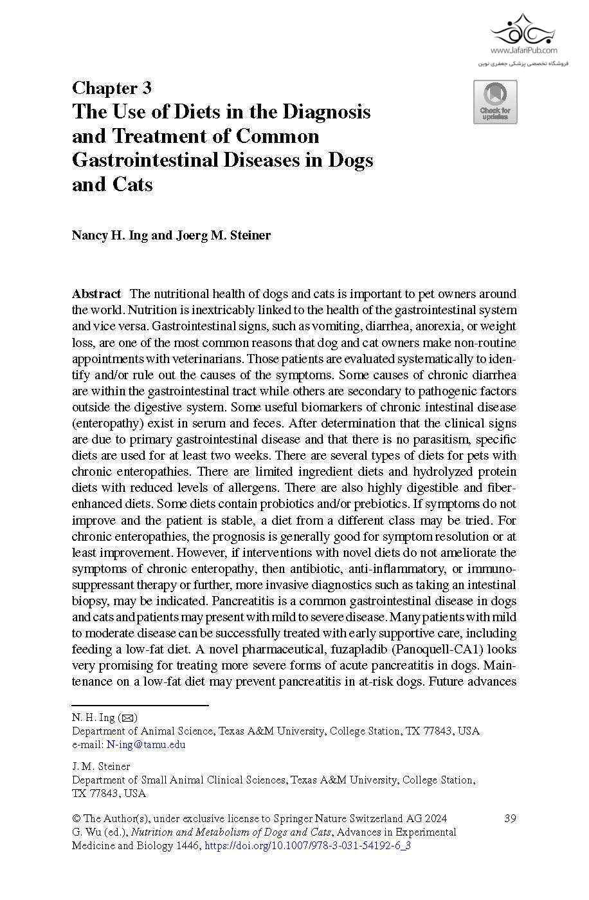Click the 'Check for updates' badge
click(495, 102)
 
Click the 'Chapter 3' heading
click(111, 88)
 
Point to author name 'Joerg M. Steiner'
click(223, 235)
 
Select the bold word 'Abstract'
click(96, 294)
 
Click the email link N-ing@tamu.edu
click(146, 745)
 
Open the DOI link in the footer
click(307, 845)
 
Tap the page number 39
click(510, 818)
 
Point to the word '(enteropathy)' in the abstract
click(104, 424)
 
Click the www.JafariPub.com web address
click(524, 50)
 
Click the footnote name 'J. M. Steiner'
click(101, 766)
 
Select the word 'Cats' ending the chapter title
click(132, 185)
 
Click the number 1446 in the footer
click(188, 845)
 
